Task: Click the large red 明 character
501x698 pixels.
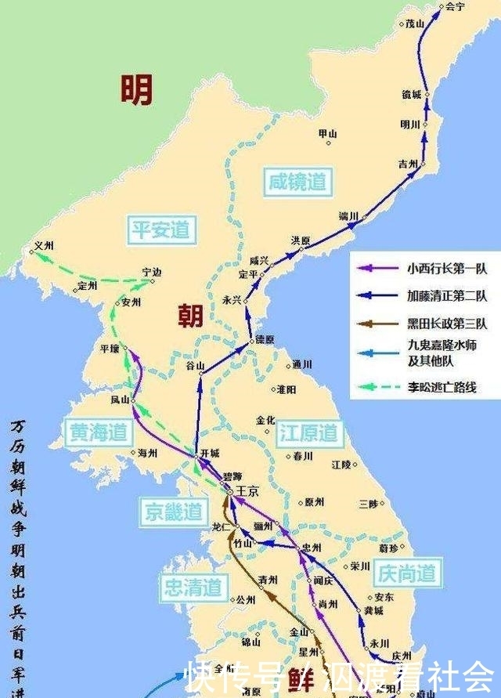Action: [136, 90]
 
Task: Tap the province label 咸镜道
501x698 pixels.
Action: [294, 182]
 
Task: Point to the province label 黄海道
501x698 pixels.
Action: [97, 432]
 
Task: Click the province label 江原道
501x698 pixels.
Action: [309, 432]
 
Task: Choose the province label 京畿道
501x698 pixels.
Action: [174, 512]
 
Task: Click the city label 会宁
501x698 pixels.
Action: [455, 6]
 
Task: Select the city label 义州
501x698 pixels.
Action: [44, 245]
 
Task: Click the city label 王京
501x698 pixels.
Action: [247, 490]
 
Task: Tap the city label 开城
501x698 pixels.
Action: [211, 454]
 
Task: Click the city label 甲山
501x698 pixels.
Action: [327, 134]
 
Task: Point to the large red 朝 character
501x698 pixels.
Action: [190, 316]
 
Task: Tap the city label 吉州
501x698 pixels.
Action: [407, 165]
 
